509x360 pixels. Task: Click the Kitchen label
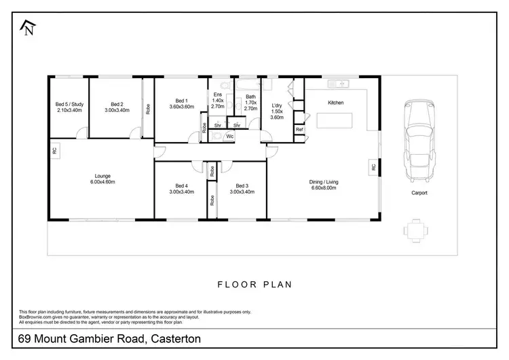(336, 103)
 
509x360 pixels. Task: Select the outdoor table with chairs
(415, 230)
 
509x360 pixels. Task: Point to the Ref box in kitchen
(299, 129)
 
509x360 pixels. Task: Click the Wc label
(230, 137)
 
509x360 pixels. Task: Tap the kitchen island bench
(335, 121)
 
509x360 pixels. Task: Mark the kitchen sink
(337, 84)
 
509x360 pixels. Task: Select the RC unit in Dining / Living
(373, 166)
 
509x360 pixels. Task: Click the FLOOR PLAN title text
(254, 285)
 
